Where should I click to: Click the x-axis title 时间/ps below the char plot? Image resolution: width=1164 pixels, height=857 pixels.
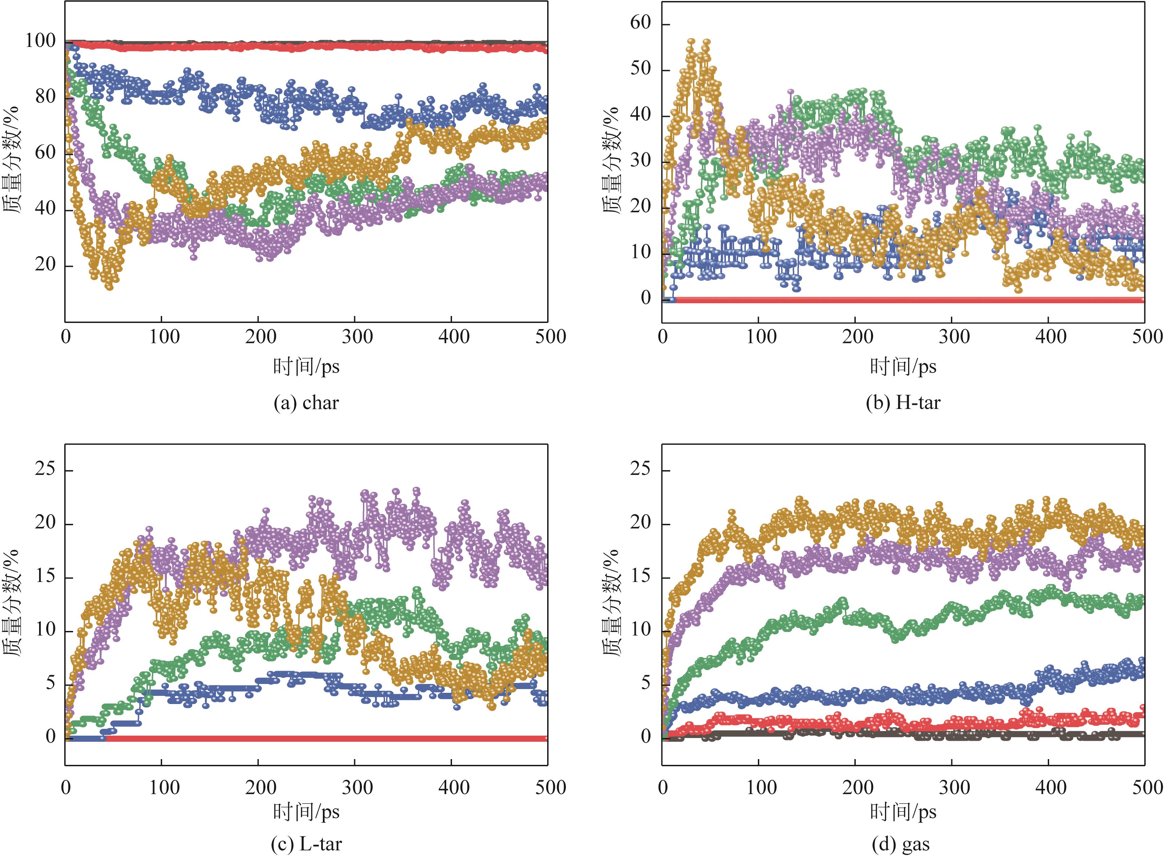[x=306, y=367]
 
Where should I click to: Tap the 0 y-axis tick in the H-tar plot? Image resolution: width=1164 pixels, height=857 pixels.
[x=645, y=298]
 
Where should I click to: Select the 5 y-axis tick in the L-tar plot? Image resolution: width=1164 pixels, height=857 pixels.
[x=50, y=683]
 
